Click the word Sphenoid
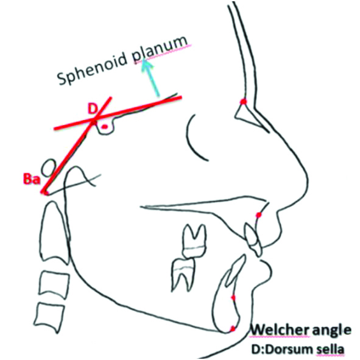(x=91, y=66)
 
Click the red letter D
(x=93, y=109)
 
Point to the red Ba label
(x=31, y=178)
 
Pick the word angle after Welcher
(x=331, y=331)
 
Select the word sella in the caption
(x=331, y=349)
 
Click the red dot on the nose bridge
(x=243, y=101)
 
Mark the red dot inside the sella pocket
(x=104, y=126)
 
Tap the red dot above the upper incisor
(x=259, y=215)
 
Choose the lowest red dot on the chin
(x=233, y=328)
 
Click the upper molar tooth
(x=194, y=241)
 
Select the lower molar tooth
(x=184, y=274)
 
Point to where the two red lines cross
(x=94, y=120)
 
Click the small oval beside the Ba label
(x=48, y=168)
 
